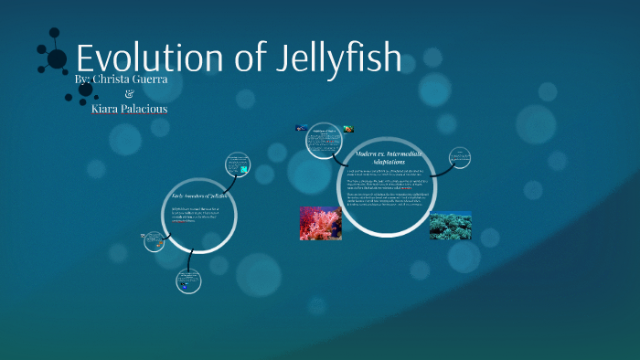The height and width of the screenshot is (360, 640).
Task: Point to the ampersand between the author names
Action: (x=127, y=94)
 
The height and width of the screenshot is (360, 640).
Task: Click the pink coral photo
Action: (x=320, y=223)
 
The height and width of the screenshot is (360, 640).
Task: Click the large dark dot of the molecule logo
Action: (x=57, y=59)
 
